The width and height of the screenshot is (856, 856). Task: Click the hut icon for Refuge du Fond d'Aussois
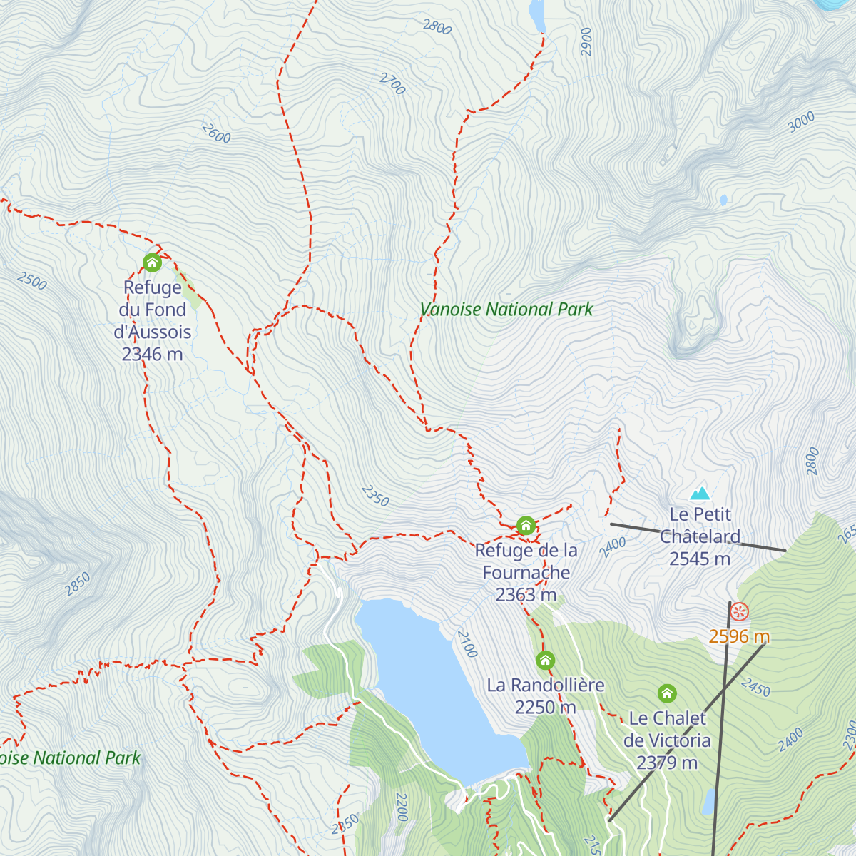[152, 263]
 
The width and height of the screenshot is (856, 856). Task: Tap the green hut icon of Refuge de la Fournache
[526, 526]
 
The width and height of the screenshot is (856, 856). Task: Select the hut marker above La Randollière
[545, 660]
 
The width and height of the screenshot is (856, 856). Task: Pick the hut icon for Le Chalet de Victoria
[667, 693]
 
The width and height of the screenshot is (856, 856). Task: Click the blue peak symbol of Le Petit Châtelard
[700, 493]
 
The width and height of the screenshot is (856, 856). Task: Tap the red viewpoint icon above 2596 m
[740, 611]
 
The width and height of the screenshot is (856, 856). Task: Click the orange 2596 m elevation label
[739, 636]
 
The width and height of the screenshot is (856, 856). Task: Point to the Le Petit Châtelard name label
[700, 536]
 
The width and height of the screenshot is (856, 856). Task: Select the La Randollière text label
[545, 695]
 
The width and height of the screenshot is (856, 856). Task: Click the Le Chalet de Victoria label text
[667, 740]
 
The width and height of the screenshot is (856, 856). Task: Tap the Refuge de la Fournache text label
[526, 572]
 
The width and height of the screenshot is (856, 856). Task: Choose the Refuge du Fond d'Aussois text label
[152, 320]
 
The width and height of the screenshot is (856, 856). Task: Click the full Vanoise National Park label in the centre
[506, 310]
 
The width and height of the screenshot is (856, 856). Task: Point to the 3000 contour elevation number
[801, 122]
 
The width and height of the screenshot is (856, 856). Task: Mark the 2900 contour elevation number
[586, 41]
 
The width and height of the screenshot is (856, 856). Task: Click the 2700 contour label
[392, 83]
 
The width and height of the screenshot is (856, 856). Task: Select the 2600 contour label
[216, 133]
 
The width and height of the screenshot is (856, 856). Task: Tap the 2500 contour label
[32, 281]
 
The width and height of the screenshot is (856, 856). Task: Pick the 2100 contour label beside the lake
[467, 644]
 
